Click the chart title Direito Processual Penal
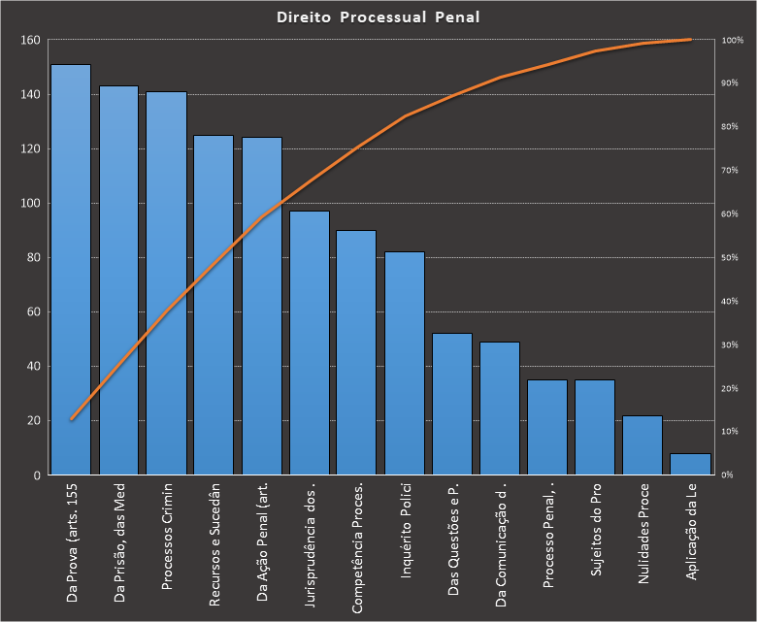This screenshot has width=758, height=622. [x=378, y=16]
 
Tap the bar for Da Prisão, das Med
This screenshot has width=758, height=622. [x=118, y=280]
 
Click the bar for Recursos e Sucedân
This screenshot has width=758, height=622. [x=214, y=305]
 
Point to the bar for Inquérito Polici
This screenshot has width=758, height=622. [x=405, y=363]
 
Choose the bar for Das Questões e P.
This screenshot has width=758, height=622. [x=452, y=404]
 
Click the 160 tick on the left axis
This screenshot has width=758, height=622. [x=28, y=41]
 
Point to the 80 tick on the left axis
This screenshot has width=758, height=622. [x=31, y=258]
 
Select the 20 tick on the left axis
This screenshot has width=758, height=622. [x=31, y=421]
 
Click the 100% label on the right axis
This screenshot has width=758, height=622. [x=733, y=41]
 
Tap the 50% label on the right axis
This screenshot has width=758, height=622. [x=731, y=258]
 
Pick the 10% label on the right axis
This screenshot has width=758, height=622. [x=731, y=432]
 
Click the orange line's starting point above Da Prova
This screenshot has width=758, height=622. [x=71, y=419]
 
